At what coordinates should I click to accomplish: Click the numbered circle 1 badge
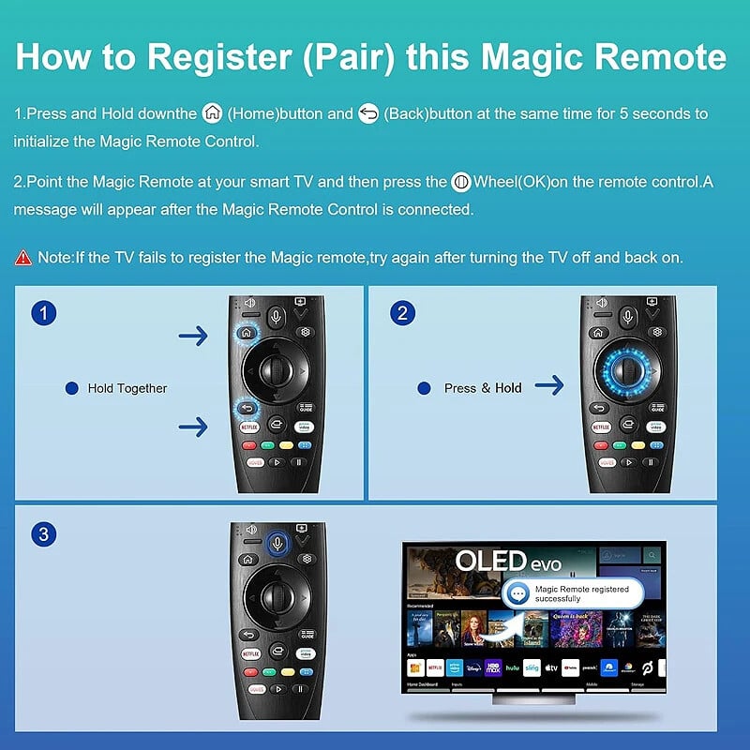(42, 312)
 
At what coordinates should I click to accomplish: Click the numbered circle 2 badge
(402, 312)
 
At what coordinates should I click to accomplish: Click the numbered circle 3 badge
(42, 534)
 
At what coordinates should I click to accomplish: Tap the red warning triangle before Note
(23, 257)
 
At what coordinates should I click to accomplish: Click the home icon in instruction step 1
(213, 113)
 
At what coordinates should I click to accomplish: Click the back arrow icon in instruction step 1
(368, 113)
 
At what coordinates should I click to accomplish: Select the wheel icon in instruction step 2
(460, 182)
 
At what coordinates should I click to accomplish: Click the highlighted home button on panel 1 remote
(246, 331)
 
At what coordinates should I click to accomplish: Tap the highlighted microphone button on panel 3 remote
(277, 541)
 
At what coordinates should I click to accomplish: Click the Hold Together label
(127, 388)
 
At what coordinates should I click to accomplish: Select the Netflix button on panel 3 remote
(251, 652)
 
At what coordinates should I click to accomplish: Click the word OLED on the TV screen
(491, 561)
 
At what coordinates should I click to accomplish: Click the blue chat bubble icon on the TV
(516, 593)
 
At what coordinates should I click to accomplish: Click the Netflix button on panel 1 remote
(249, 427)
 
